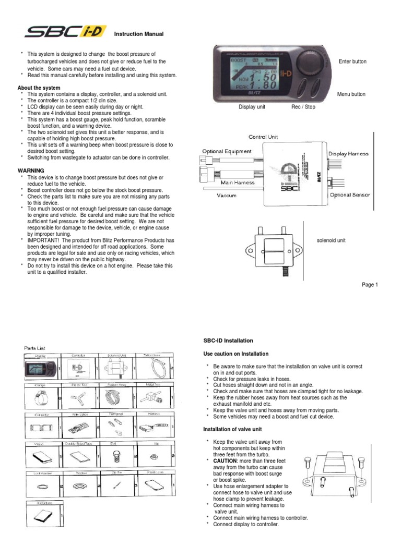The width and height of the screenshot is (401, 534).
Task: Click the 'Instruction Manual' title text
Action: coord(139,34)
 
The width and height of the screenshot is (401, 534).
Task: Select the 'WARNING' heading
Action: coord(31,171)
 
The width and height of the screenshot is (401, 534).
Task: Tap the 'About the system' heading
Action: coord(39,88)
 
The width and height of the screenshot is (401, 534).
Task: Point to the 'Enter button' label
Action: coord(352,62)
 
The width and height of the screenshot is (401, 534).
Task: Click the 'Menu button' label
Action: coord(351,94)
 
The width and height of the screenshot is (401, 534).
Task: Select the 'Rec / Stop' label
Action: coord(303,107)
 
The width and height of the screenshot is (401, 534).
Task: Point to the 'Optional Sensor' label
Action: coord(349,195)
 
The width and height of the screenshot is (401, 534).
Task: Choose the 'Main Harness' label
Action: coord(238,183)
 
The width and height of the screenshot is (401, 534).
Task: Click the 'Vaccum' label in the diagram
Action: coord(227,196)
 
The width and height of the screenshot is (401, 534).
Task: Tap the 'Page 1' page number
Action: coord(370,285)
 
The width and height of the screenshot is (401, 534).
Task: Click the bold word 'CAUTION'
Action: coord(223,462)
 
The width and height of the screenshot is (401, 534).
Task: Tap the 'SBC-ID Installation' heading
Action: coord(228,341)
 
